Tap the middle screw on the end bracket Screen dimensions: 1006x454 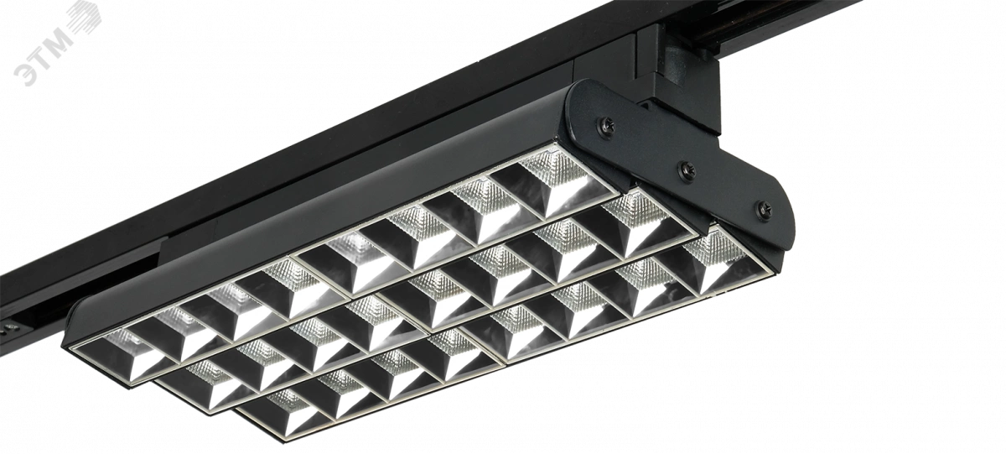click(687, 170)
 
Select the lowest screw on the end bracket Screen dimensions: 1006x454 click(764, 209)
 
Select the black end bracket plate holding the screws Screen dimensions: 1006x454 click(678, 166)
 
